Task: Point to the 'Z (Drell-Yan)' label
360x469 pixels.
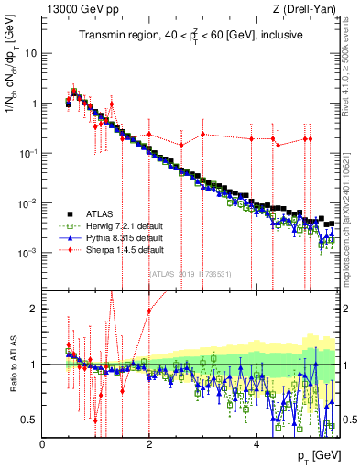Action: coord(309,9)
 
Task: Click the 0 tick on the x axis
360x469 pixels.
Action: coord(43,444)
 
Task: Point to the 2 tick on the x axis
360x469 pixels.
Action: coord(149,444)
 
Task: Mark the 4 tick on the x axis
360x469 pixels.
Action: coord(256,444)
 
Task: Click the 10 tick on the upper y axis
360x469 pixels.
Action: coord(31,53)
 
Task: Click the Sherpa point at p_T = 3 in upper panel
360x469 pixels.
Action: coord(202,134)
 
